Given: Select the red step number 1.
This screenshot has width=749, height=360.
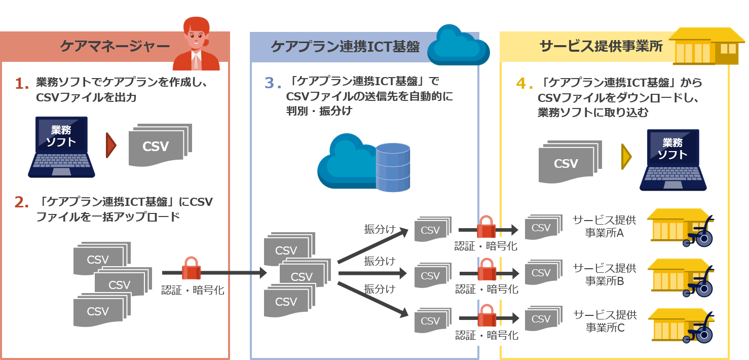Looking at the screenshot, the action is (x=22, y=84).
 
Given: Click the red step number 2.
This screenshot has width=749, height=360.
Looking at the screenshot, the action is (x=21, y=202).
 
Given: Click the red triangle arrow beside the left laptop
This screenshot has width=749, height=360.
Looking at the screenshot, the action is (x=111, y=145).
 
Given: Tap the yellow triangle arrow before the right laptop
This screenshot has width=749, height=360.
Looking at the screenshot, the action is (x=626, y=157).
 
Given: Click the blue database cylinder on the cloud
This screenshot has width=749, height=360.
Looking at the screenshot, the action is (x=393, y=167).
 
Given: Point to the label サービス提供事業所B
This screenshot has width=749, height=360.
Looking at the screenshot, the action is (x=605, y=274).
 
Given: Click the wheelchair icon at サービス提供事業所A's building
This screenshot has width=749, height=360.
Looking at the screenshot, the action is (x=699, y=233).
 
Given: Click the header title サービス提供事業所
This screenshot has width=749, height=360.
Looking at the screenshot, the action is (x=601, y=46).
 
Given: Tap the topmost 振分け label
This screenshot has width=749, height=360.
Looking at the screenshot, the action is (x=380, y=229).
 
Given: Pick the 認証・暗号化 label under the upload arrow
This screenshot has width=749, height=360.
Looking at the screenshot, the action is (x=193, y=290).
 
